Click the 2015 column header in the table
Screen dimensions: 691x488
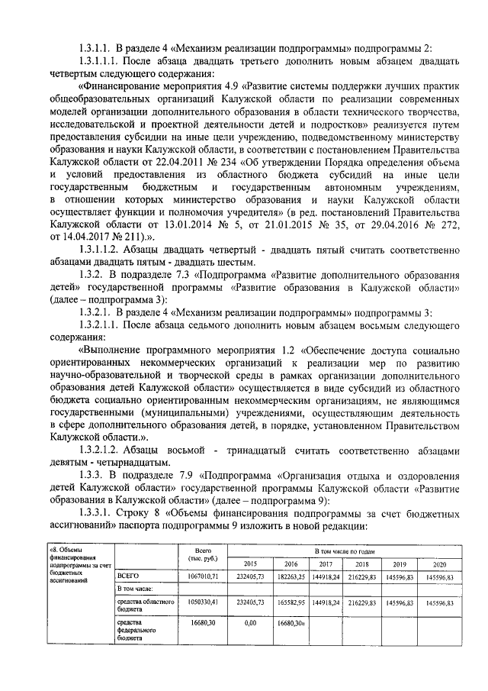pos(249,563)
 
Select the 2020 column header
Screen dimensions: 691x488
pos(438,563)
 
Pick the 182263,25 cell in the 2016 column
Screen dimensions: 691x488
pos(291,575)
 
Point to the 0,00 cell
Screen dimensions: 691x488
pos(249,623)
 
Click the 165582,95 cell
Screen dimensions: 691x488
pos(291,602)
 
